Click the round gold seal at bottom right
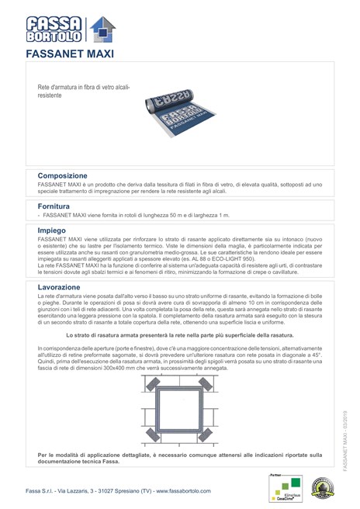pyautogui.click(x=320, y=488)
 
